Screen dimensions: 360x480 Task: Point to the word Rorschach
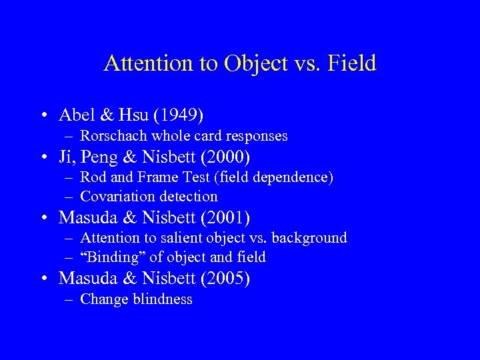click(x=114, y=136)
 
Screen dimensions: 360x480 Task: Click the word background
click(x=313, y=238)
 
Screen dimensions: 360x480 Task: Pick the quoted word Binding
click(x=107, y=257)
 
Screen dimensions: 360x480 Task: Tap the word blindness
click(x=163, y=299)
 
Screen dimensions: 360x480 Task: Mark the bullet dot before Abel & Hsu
click(x=43, y=116)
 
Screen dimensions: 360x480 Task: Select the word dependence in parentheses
click(x=294, y=177)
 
